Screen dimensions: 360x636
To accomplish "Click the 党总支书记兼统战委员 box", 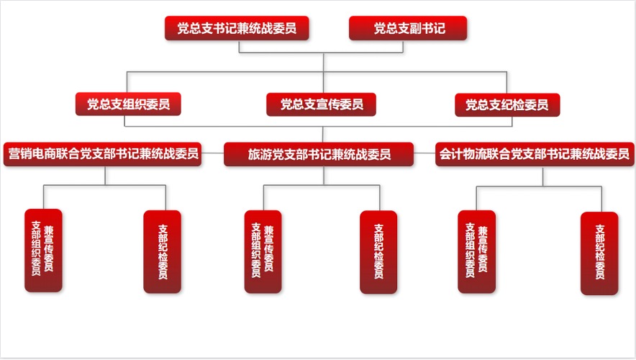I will (x=237, y=29).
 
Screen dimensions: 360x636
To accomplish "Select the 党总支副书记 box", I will (x=408, y=29).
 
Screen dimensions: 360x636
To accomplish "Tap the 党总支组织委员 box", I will (x=128, y=104).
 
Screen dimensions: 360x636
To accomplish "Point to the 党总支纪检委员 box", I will (x=507, y=104).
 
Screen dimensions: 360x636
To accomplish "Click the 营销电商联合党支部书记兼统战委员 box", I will (x=103, y=153).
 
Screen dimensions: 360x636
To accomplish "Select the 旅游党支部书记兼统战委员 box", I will (x=319, y=154).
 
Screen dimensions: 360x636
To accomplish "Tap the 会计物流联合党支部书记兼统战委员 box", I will (x=535, y=153).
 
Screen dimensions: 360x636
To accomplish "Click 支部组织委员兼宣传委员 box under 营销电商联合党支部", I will (x=43, y=250).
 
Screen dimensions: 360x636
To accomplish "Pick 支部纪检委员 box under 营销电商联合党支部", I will (x=163, y=251).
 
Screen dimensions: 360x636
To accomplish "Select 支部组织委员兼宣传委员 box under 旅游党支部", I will (x=263, y=251).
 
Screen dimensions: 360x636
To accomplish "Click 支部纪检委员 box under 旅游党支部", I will (x=378, y=251).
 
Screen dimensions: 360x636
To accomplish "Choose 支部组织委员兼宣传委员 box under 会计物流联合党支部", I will (x=477, y=251).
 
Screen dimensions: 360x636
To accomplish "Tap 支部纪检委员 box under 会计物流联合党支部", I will (x=599, y=253).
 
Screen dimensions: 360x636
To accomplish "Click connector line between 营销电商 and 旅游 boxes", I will (x=213, y=153).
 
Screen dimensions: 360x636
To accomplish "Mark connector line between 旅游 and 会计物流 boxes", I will (x=425, y=153).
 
